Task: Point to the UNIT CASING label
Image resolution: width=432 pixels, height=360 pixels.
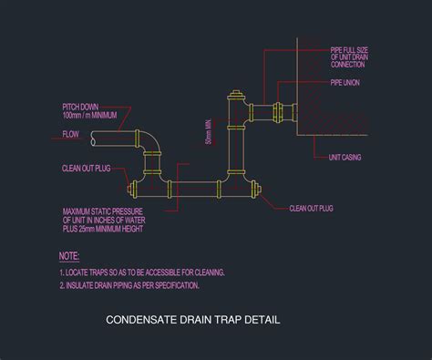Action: [x=345, y=158]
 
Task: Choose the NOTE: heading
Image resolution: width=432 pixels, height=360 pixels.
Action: [x=70, y=256]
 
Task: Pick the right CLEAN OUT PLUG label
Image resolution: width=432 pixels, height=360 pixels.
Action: [x=312, y=209]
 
